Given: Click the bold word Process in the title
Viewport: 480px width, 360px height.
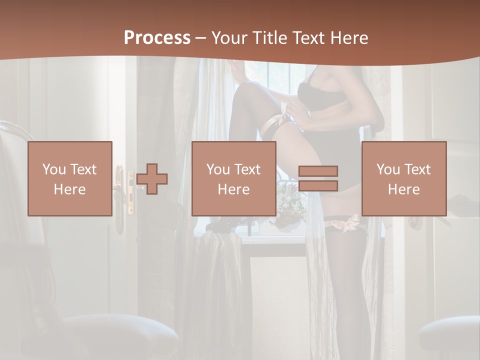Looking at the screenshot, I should (x=157, y=38).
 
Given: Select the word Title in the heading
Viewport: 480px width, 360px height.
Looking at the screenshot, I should (x=269, y=38).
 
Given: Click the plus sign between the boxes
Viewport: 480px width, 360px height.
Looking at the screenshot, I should (x=152, y=179).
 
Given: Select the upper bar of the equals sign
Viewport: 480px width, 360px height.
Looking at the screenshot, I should (x=318, y=171).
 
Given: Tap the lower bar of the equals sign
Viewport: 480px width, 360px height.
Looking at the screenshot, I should (x=318, y=185).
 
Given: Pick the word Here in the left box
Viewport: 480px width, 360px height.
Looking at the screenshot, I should (x=69, y=189).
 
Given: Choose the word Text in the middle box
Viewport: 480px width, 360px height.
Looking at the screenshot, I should (x=248, y=169).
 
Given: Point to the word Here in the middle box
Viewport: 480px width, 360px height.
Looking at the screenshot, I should (x=233, y=189).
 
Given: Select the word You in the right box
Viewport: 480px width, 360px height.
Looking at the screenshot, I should (x=387, y=169).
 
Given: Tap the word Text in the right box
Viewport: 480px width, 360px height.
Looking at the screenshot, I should (x=418, y=169).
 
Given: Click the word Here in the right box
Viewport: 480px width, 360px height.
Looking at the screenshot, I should (x=403, y=189).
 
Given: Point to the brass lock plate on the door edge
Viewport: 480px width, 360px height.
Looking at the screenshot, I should (x=130, y=193).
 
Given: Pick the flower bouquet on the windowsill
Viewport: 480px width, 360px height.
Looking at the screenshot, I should (x=291, y=202).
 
